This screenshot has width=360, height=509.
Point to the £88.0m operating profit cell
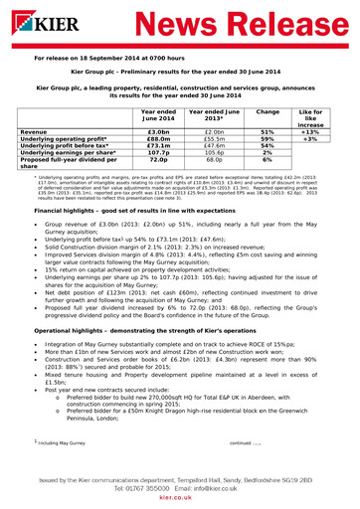pos(157,139)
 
